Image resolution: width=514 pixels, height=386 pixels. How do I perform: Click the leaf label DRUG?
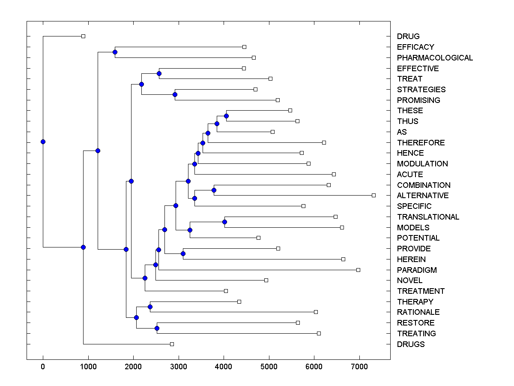(x=408, y=36)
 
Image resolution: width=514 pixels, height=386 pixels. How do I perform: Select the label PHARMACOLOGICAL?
(x=435, y=57)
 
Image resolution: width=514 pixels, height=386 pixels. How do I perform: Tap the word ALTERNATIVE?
(x=423, y=196)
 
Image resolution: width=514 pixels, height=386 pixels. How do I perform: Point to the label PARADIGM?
(x=417, y=270)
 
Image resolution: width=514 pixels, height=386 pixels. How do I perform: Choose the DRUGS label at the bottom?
(x=411, y=344)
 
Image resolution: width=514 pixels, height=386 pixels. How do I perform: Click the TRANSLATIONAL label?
(x=428, y=217)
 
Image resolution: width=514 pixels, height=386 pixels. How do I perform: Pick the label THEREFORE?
(x=421, y=142)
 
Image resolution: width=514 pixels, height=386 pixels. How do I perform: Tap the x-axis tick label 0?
(x=43, y=366)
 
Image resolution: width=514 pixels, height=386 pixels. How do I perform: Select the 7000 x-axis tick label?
(x=359, y=366)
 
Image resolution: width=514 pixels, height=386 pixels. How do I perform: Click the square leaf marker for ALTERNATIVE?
(x=374, y=195)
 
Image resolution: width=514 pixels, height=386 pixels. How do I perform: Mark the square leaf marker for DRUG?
(x=83, y=36)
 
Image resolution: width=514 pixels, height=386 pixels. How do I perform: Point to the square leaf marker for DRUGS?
(x=172, y=344)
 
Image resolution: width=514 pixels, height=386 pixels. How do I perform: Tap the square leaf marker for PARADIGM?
(x=358, y=270)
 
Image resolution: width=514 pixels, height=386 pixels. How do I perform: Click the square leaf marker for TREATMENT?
(x=226, y=291)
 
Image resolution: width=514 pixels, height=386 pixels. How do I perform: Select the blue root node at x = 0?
(x=43, y=142)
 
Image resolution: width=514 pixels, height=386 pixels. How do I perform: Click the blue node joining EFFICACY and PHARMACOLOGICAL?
(x=115, y=52)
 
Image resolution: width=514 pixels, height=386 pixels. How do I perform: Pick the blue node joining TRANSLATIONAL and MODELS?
(x=224, y=222)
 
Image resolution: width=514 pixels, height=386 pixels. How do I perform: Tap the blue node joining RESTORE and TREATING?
(x=157, y=328)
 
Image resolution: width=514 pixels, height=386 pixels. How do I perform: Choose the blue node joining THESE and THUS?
(x=226, y=116)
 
